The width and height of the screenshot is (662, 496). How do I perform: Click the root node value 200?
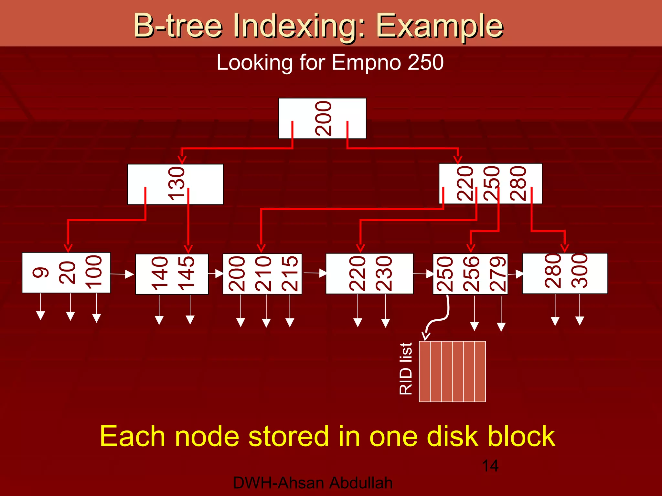pos(323,119)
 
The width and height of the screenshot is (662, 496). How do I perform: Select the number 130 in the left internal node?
pos(176,184)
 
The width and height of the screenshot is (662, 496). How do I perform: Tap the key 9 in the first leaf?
pos(41,273)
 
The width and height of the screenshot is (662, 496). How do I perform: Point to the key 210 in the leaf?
pos(263,274)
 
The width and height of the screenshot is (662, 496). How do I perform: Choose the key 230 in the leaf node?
pos(384,274)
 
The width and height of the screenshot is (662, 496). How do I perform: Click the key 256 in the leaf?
pos(471,274)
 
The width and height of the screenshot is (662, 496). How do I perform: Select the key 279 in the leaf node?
pos(498,274)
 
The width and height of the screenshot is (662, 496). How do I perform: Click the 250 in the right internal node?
pos(491,183)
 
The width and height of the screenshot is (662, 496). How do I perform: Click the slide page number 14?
pos(490,466)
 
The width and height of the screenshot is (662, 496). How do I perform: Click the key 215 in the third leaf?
pos(290,274)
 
